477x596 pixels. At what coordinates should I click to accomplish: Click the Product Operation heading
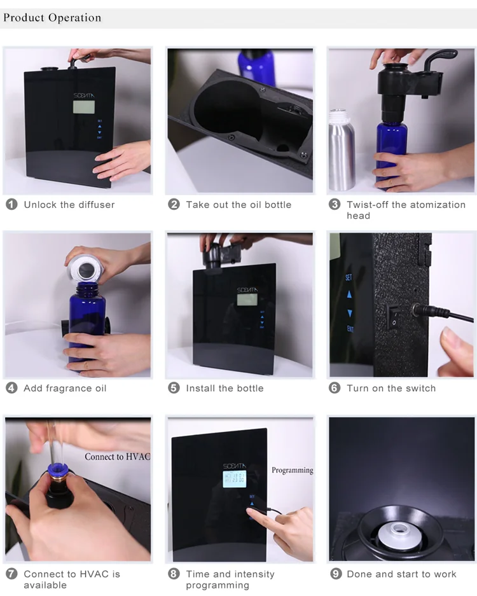tap(52, 18)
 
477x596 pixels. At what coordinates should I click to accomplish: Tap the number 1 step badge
tap(11, 205)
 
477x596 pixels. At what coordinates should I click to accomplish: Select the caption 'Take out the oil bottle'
tap(238, 205)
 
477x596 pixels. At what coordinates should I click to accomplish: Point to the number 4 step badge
tap(11, 388)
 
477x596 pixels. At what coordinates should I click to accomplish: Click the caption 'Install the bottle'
tap(225, 388)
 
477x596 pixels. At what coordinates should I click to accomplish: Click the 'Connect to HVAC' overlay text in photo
tap(117, 457)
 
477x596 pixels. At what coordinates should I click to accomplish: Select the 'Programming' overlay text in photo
tap(292, 470)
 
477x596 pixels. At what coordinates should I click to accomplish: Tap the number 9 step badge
tap(335, 574)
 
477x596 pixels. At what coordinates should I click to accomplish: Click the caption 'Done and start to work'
tap(401, 574)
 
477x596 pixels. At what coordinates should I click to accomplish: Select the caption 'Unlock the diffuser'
tap(69, 205)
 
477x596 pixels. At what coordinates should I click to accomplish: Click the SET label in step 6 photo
tap(349, 278)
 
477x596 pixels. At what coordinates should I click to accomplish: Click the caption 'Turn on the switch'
tap(391, 388)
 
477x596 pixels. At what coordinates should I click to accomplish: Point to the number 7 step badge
tap(11, 574)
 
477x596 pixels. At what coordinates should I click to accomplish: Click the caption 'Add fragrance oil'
tap(65, 388)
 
